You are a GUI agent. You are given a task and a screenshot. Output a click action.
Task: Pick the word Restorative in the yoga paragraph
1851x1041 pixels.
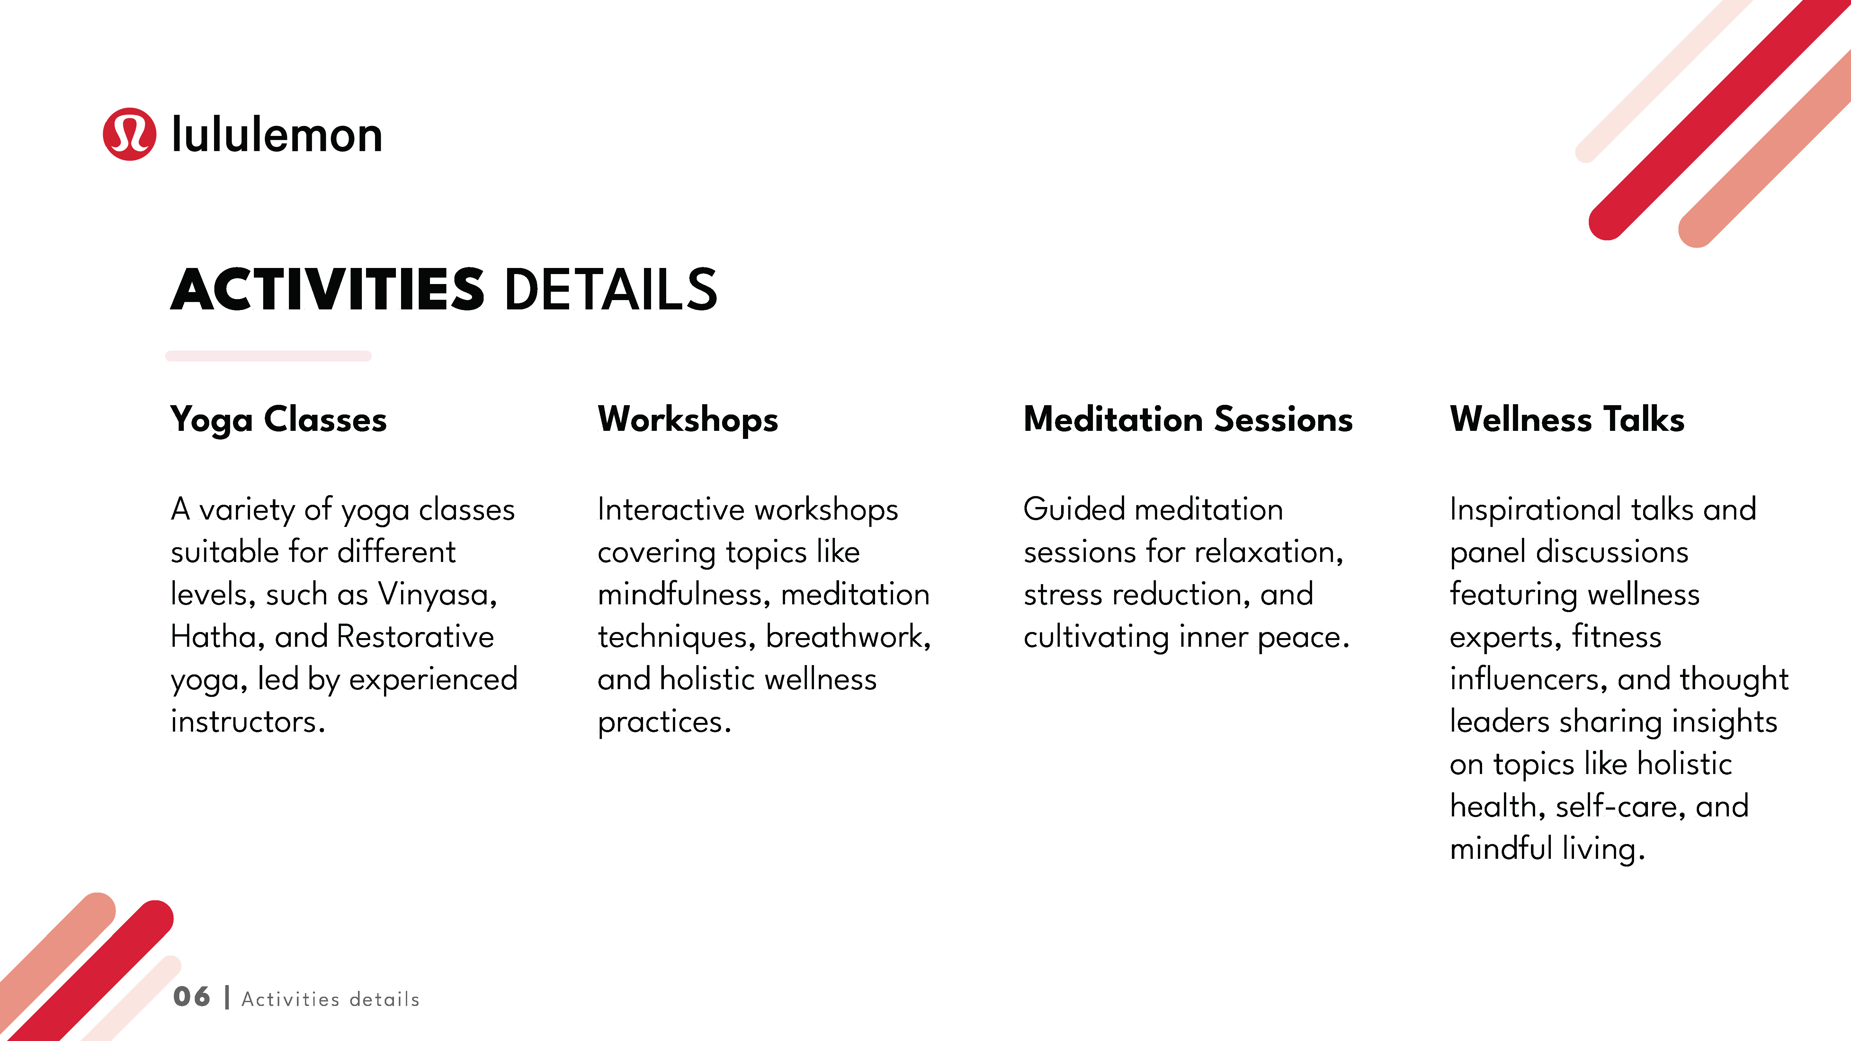pyautogui.click(x=415, y=636)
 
